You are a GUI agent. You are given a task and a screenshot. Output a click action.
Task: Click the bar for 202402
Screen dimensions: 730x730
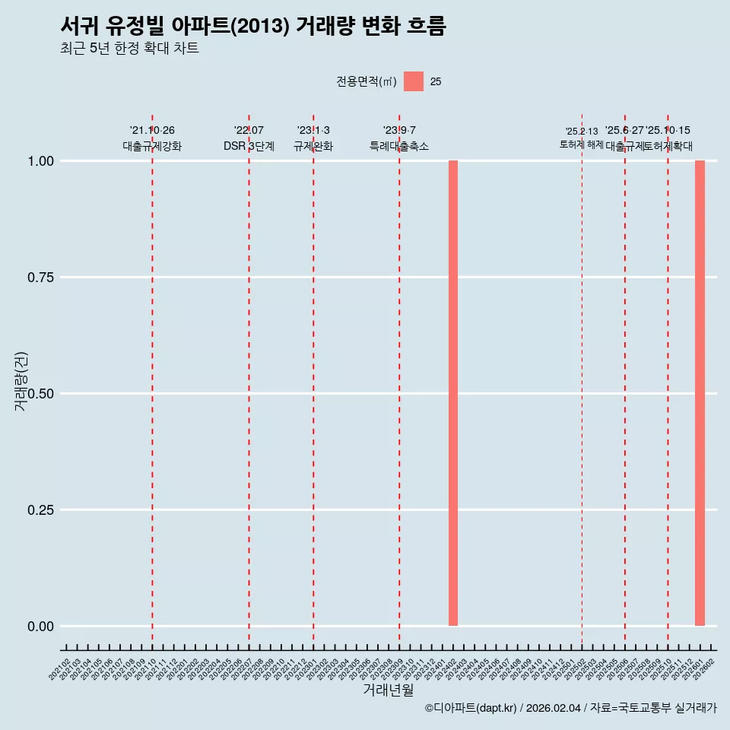453,393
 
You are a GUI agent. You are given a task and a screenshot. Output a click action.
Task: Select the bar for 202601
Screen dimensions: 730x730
700,393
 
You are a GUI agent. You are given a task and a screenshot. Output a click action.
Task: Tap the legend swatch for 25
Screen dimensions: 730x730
414,81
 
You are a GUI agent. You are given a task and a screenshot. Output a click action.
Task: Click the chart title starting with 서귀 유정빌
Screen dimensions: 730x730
252,26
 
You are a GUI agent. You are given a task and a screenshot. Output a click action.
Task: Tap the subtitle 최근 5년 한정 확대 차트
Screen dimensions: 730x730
129,49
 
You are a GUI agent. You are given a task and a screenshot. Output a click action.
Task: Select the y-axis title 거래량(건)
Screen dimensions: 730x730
21,382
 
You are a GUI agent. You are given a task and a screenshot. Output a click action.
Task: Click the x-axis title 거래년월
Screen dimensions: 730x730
389,690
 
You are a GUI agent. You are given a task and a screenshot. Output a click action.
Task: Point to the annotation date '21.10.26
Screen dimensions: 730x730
152,131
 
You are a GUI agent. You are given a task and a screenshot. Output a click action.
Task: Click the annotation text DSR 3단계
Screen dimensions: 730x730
249,146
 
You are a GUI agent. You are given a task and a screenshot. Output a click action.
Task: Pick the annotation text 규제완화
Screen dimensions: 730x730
313,146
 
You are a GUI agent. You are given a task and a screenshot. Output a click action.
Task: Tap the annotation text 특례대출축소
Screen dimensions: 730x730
399,146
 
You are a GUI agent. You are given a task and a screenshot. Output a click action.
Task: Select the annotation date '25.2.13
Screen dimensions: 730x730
582,132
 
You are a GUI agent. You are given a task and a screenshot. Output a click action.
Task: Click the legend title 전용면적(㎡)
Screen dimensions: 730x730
367,82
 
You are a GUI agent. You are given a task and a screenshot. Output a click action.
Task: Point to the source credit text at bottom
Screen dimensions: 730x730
570,708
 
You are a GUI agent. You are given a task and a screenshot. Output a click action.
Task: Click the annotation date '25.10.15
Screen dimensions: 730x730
668,131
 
